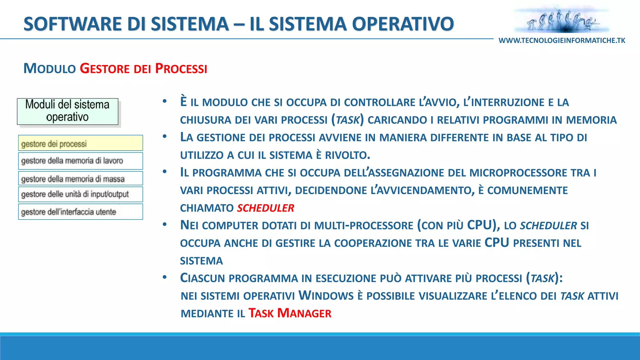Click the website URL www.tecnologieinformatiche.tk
pos(562,41)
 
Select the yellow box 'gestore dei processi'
pos(80,143)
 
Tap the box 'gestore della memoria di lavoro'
pos(80,161)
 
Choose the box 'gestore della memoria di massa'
pos(80,178)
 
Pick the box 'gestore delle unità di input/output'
pos(80,194)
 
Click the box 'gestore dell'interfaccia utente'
pos(80,212)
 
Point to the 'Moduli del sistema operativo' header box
pos(67,112)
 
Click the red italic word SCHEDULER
pos(266,208)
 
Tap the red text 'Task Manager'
pos(290,313)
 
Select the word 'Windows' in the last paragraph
pos(326,296)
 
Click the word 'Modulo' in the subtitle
pos(50,68)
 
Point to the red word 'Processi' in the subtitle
pos(181,68)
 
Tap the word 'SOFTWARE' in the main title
pos(73,24)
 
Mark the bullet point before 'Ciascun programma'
pos(165,277)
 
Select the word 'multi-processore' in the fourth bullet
pos(363,226)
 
